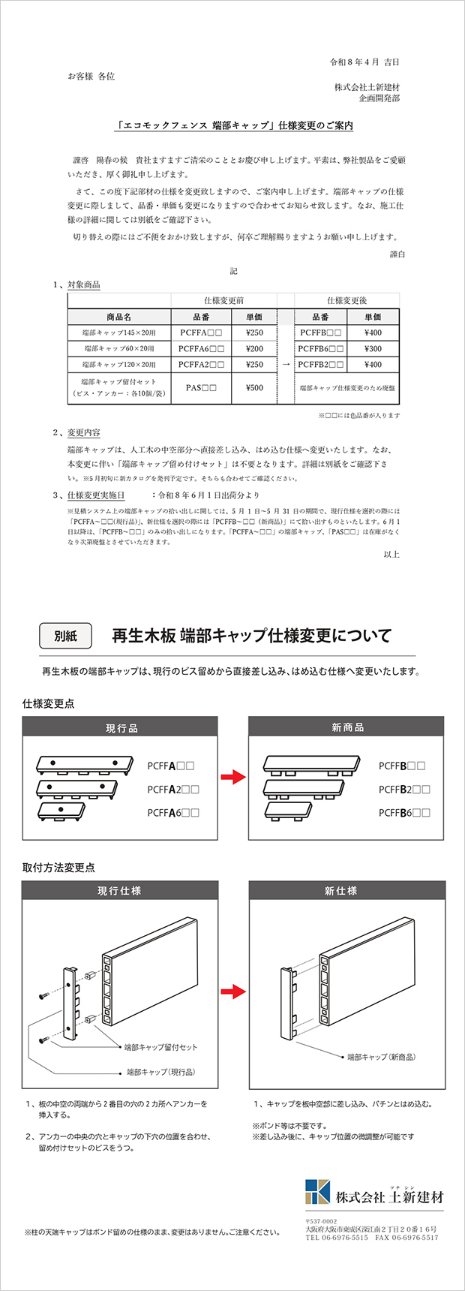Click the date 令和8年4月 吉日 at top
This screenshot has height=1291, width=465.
(364, 62)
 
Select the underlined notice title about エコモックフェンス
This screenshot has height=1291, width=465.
(234, 125)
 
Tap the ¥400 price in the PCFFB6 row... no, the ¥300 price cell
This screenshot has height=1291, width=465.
(373, 348)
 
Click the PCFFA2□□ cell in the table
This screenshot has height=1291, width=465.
(201, 364)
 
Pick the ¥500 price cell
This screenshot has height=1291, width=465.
(254, 388)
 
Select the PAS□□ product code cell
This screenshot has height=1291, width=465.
(201, 388)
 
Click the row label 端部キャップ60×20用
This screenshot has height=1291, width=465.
(119, 348)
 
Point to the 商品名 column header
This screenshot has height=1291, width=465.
(119, 317)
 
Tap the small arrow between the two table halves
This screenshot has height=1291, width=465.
(286, 364)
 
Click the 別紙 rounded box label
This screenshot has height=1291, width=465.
(65, 636)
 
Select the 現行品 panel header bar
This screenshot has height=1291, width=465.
(120, 727)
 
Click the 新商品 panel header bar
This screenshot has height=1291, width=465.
(346, 727)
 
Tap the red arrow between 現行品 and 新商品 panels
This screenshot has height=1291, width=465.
(233, 777)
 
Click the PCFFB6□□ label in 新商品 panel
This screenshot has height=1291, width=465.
(404, 812)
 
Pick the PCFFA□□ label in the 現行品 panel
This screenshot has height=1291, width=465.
(171, 766)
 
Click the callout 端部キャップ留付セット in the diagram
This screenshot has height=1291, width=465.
(160, 1046)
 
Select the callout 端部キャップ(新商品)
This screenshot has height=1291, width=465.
(381, 1056)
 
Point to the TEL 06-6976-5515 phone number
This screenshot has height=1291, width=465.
(337, 1238)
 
